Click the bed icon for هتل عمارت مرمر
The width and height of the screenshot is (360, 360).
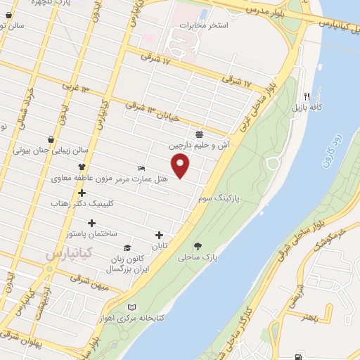[x=142, y=169]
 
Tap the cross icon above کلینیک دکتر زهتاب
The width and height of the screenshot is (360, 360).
[x=82, y=193]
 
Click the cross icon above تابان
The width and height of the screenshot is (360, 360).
[x=159, y=236]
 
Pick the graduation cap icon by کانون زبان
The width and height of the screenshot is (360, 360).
[x=127, y=247]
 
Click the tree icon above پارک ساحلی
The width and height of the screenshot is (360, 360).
[x=198, y=246]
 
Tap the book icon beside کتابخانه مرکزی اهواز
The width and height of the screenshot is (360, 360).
[x=133, y=307]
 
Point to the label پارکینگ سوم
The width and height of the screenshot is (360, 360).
[x=218, y=199]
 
